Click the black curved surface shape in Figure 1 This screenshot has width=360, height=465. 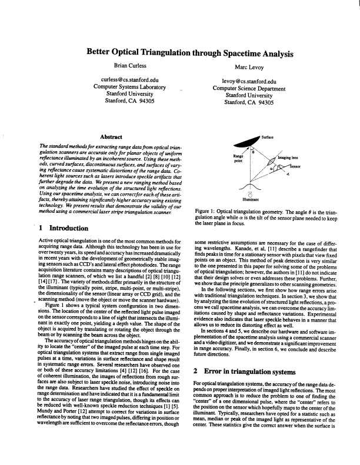[247, 145]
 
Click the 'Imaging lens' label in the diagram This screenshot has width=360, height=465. [288, 158]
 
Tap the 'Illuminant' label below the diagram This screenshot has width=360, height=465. [251, 199]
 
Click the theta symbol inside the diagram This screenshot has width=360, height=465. [253, 152]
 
